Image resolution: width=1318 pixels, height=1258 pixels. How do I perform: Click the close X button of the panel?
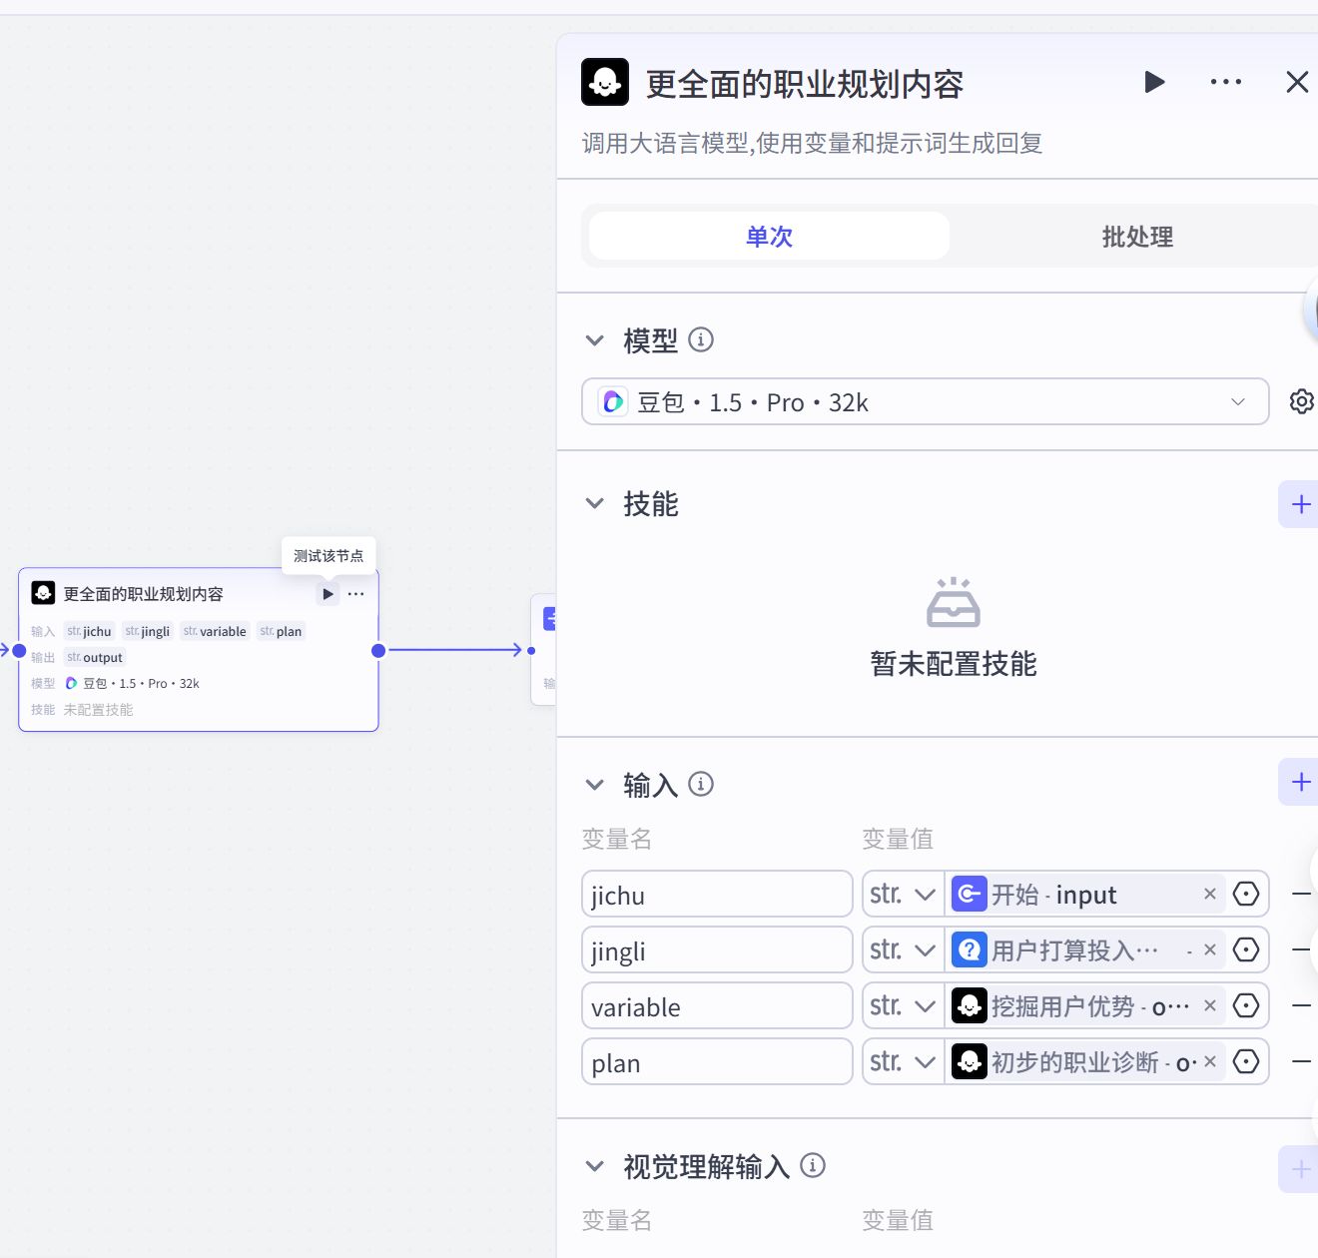pos(1296,82)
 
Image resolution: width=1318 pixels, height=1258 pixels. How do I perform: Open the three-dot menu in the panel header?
pos(1225,82)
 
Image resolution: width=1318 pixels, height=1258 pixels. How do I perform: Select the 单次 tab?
pos(769,237)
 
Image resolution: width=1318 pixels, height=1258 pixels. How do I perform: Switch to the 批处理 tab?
pos(1136,237)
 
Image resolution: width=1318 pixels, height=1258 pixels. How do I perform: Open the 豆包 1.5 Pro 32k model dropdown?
pos(925,401)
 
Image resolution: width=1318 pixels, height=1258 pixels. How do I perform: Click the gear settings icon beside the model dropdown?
pos(1301,401)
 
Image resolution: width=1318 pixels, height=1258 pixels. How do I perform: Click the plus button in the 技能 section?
pos(1300,504)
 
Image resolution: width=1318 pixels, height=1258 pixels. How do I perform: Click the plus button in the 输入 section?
pos(1300,782)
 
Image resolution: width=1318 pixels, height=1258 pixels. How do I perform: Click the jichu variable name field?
pos(716,895)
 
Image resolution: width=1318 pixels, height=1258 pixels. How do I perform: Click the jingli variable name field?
pos(716,950)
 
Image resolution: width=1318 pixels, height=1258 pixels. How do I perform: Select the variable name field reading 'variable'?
pos(716,1006)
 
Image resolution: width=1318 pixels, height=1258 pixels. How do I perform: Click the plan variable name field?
pos(716,1062)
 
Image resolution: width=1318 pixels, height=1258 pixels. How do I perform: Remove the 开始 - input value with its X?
pos(1209,894)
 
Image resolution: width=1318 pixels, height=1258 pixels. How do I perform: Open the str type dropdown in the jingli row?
pos(903,950)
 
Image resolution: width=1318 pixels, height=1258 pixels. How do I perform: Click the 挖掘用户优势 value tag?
pos(1068,1006)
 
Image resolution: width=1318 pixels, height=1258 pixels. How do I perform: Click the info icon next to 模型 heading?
pos(701,339)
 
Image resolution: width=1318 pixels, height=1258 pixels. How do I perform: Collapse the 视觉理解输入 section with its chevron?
pos(595,1166)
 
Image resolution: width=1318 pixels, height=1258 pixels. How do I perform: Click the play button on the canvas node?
pos(328,594)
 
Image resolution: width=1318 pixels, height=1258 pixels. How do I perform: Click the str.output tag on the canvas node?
pos(95,657)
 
